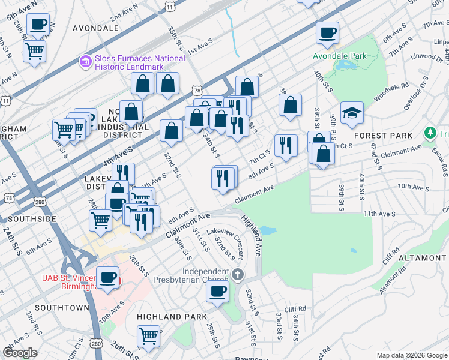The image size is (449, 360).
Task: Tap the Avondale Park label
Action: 339,56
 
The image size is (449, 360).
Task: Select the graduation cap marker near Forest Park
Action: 352,112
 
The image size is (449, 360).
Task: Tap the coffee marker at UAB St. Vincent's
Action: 108,278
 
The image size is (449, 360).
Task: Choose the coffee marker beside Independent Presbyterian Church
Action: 217,292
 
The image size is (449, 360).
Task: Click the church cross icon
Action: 238,275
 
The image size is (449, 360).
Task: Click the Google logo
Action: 20,353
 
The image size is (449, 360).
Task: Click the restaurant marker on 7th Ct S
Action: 286,146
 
